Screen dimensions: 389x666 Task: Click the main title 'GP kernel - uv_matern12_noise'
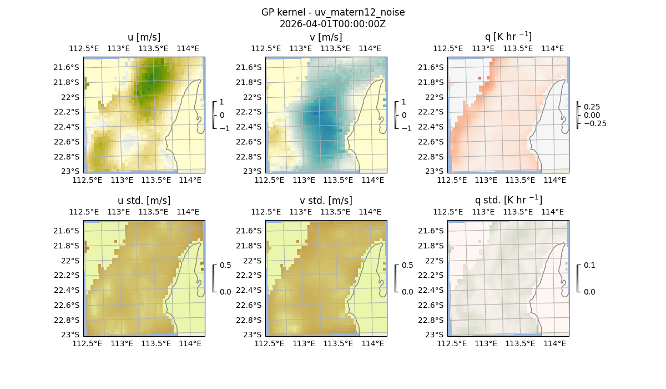coord(332,12)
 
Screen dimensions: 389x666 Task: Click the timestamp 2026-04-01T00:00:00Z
coord(332,24)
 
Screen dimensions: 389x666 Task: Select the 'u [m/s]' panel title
coord(144,37)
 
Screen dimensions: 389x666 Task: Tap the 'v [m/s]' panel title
coord(326,37)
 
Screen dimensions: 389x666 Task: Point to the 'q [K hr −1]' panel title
coord(508,37)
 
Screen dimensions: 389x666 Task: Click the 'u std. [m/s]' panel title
coord(144,201)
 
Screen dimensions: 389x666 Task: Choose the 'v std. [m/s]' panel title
coord(326,201)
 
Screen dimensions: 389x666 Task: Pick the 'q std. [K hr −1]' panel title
coord(508,200)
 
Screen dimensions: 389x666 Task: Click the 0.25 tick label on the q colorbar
coord(592,106)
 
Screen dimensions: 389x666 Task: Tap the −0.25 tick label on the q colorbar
coord(594,123)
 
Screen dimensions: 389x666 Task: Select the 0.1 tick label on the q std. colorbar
coord(589,265)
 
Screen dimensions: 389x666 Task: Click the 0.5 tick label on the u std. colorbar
coord(225,265)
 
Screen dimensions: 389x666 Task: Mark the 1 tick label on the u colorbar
coord(222,102)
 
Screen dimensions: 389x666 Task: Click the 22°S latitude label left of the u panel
coord(73,97)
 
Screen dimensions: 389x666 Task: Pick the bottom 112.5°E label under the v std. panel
coord(266,343)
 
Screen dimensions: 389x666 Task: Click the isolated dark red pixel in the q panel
coord(480,79)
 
